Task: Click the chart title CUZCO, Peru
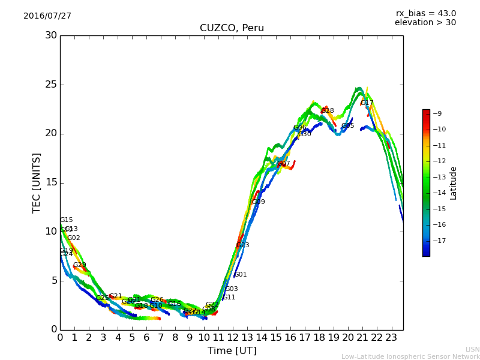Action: coord(232,28)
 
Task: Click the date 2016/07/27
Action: coord(47,16)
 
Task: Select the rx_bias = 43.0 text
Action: coord(425,14)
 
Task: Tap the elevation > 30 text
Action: coord(425,23)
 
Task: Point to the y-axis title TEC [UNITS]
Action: coord(37,182)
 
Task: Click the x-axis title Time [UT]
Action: coord(232,351)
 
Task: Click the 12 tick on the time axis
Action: coord(233,337)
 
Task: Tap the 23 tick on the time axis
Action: coord(391,337)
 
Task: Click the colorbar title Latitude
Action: coord(454,183)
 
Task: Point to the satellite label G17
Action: coord(367,103)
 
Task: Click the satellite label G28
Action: coord(328,111)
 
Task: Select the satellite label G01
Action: coord(240,275)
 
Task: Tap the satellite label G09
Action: coord(258,202)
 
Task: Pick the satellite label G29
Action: coord(80,265)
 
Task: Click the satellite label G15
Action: coord(66,220)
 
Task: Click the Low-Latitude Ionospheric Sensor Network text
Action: coord(410,357)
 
